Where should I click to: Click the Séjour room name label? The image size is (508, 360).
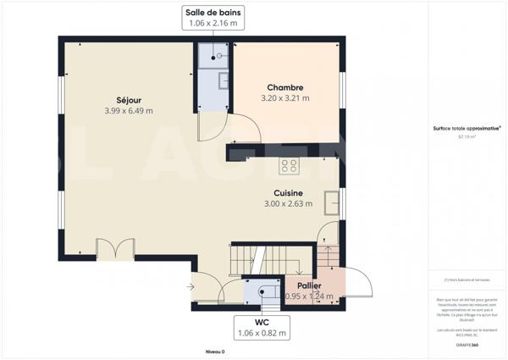click(128, 99)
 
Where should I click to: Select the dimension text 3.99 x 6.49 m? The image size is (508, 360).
click(128, 110)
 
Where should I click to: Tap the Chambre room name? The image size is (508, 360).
click(284, 87)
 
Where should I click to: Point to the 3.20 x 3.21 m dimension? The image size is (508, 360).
click(284, 98)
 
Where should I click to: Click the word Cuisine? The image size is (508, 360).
click(288, 192)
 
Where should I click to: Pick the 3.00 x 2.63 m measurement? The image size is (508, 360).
click(288, 203)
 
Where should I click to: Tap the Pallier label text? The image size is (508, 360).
click(308, 286)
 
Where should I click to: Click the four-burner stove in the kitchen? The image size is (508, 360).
click(289, 166)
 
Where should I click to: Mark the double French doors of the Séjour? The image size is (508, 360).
click(115, 250)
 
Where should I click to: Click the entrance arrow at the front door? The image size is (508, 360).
click(190, 286)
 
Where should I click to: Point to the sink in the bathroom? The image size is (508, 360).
click(224, 80)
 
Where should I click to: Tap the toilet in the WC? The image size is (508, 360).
click(263, 292)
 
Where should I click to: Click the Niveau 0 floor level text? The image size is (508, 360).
click(214, 351)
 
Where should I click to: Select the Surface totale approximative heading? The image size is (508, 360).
click(466, 129)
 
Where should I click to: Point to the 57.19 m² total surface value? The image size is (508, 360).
click(466, 136)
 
